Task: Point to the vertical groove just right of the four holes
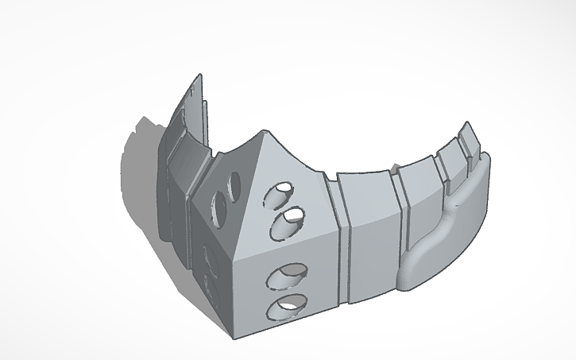(x=343, y=238)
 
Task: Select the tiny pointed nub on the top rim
(x=392, y=166)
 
